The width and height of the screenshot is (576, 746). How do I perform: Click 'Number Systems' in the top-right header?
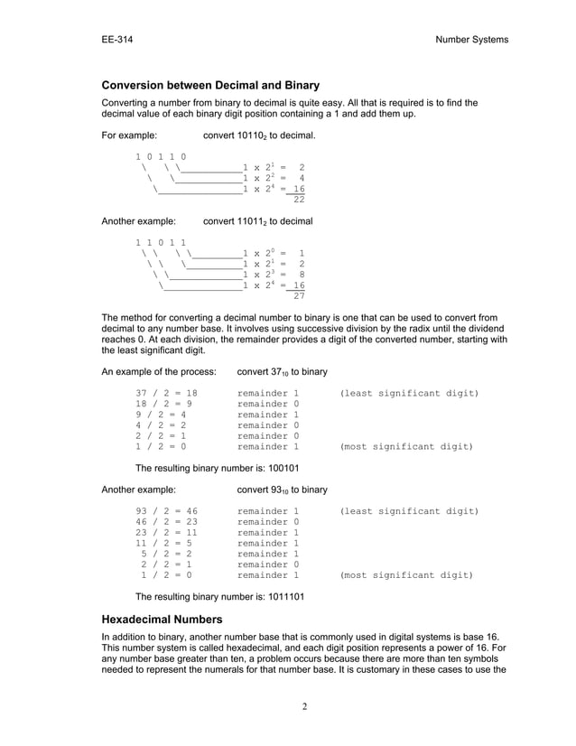pyautogui.click(x=471, y=39)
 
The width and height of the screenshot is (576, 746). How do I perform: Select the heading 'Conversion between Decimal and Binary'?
pyautogui.click(x=210, y=86)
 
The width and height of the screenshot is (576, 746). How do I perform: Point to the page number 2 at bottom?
pyautogui.click(x=305, y=705)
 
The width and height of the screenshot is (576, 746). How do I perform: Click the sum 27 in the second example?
pyautogui.click(x=299, y=295)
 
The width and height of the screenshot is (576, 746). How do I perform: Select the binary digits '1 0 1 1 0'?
pyautogui.click(x=161, y=156)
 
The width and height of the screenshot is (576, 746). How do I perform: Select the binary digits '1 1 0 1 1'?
pyautogui.click(x=161, y=242)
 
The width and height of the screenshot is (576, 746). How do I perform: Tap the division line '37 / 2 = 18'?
pyautogui.click(x=166, y=394)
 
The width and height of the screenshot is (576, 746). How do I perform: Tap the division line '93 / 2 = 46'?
pyautogui.click(x=166, y=511)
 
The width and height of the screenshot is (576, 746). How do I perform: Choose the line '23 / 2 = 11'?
pyautogui.click(x=166, y=533)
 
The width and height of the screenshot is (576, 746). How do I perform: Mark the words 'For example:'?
pyautogui.click(x=129, y=135)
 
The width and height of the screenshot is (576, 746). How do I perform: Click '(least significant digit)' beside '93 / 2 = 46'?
pyautogui.click(x=409, y=511)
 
